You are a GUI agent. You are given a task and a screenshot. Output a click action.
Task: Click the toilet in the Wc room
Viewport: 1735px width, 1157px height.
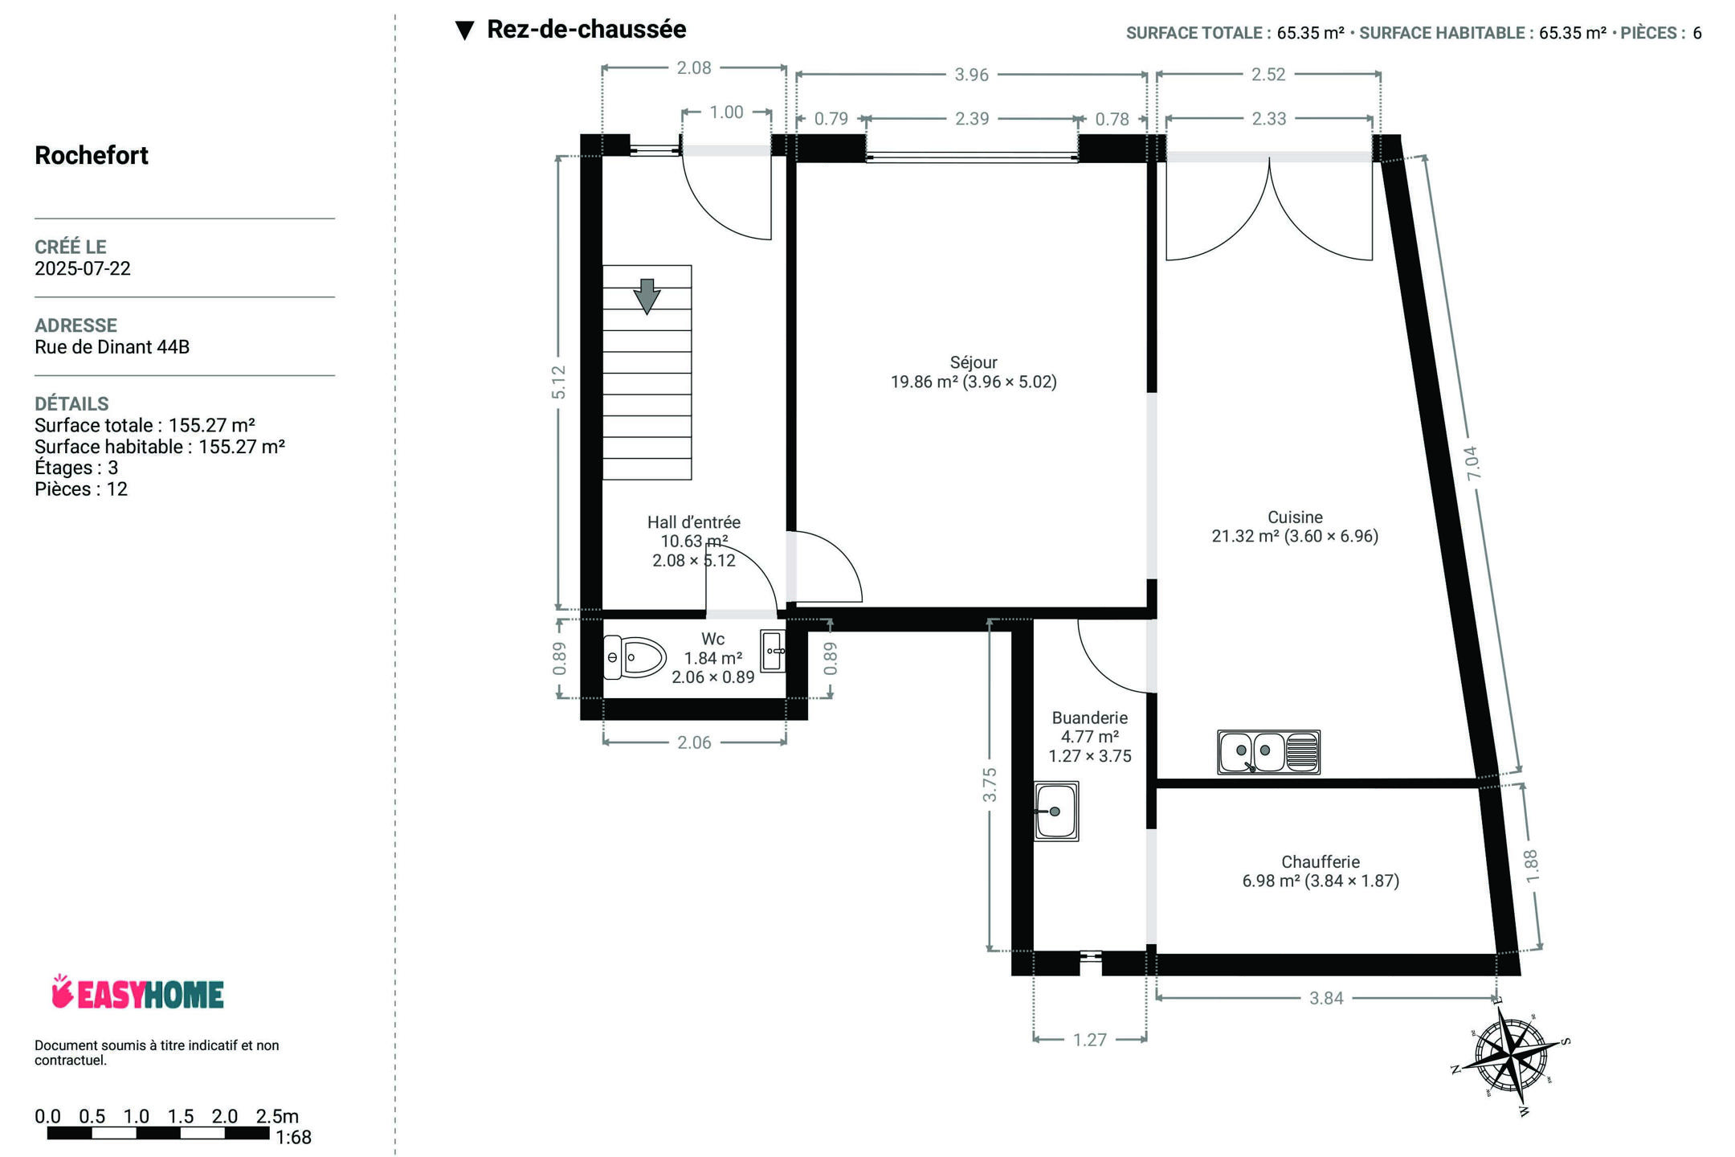[635, 657]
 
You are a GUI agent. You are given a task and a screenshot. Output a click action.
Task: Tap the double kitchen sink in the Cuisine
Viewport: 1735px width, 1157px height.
[1268, 752]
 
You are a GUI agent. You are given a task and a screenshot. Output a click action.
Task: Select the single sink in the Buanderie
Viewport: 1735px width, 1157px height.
[1056, 811]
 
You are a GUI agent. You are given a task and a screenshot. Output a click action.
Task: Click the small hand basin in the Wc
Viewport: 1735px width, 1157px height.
[774, 651]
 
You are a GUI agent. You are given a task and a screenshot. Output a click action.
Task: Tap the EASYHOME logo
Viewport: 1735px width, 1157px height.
[137, 993]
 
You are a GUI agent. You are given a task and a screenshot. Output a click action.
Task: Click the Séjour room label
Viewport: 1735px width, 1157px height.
[974, 362]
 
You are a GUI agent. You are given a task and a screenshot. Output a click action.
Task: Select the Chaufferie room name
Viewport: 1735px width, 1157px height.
[1321, 862]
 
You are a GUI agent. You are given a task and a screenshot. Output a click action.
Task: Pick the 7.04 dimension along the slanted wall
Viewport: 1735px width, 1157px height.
[1472, 464]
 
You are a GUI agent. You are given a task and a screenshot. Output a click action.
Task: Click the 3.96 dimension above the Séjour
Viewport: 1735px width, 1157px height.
[971, 75]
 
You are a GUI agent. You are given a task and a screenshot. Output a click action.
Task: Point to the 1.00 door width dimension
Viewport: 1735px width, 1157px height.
[726, 112]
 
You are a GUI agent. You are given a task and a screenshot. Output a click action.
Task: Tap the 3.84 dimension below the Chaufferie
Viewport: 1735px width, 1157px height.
[1326, 998]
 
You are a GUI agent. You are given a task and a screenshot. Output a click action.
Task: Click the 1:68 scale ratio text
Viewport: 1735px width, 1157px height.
[293, 1138]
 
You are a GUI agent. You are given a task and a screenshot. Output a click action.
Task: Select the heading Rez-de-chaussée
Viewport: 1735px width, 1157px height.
[586, 30]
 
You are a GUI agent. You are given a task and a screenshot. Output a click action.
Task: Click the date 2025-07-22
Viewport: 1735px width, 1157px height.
[83, 268]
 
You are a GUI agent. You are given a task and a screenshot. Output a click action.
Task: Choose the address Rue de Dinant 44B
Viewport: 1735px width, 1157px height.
[112, 347]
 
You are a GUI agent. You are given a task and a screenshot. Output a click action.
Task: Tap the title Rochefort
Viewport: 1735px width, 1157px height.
[92, 155]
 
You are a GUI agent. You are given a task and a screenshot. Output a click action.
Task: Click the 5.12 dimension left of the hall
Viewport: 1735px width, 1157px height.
[559, 382]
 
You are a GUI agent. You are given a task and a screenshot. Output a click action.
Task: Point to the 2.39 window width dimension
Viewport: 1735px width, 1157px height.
[972, 119]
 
